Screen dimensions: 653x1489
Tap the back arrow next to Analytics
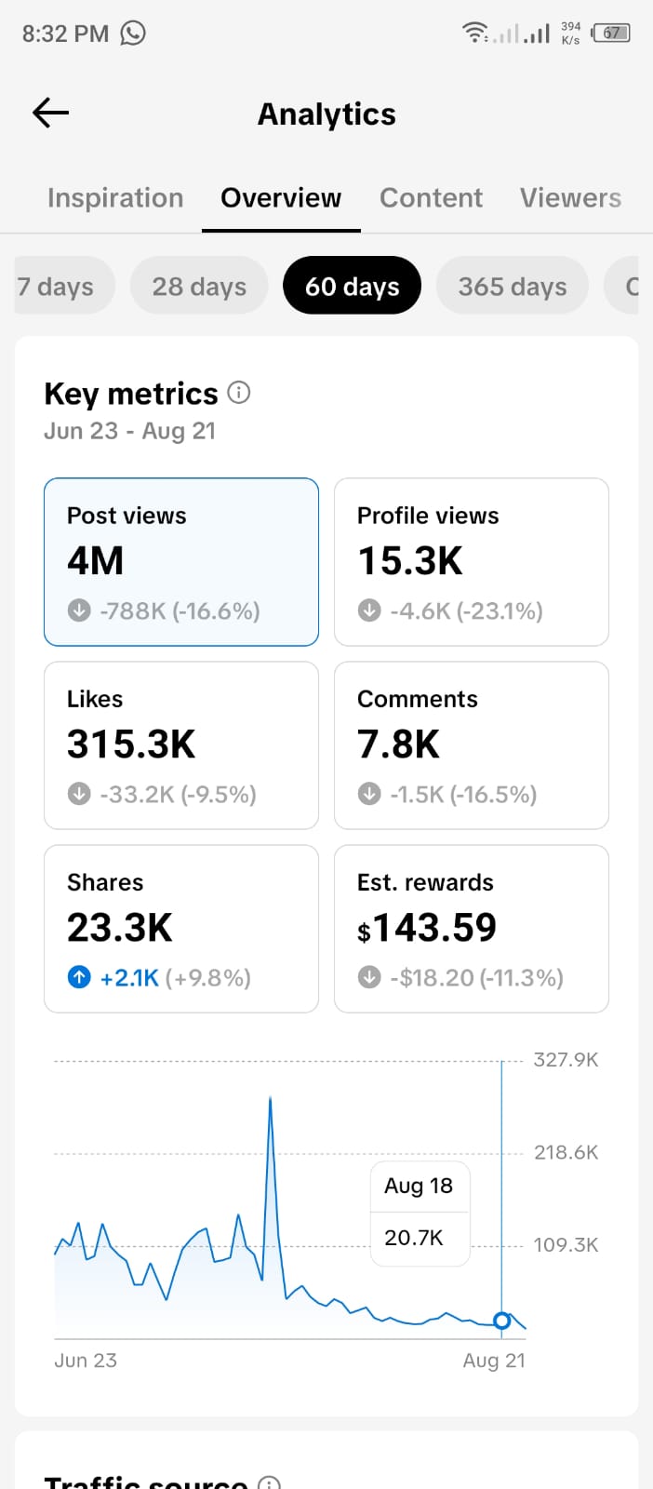pyautogui.click(x=50, y=113)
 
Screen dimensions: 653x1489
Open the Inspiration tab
pyautogui.click(x=115, y=198)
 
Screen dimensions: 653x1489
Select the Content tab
pyautogui.click(x=431, y=198)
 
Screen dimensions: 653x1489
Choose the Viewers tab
pyautogui.click(x=570, y=198)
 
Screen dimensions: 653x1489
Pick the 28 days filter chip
pyautogui.click(x=199, y=286)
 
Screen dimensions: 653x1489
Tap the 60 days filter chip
pyautogui.click(x=352, y=286)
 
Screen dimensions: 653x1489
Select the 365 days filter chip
pyautogui.click(x=513, y=286)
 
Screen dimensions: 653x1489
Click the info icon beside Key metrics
pyautogui.click(x=239, y=392)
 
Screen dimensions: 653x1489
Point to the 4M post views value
pyautogui.click(x=96, y=560)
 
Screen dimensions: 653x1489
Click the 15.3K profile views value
pyautogui.click(x=410, y=560)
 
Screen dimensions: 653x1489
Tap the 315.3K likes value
pyautogui.click(x=131, y=744)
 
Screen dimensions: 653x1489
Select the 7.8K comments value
pyautogui.click(x=398, y=744)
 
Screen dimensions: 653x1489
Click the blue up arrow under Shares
pyautogui.click(x=79, y=977)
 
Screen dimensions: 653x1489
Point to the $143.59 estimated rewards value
pyautogui.click(x=427, y=927)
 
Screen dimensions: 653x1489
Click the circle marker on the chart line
pyautogui.click(x=502, y=1321)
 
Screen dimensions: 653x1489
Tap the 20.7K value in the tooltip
pyautogui.click(x=414, y=1238)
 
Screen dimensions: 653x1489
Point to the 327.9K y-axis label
pyautogui.click(x=566, y=1060)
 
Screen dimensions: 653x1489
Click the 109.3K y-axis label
pyautogui.click(x=566, y=1244)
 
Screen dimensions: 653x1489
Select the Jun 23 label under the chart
pyautogui.click(x=86, y=1361)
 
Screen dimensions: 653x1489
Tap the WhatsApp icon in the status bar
pyautogui.click(x=133, y=33)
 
